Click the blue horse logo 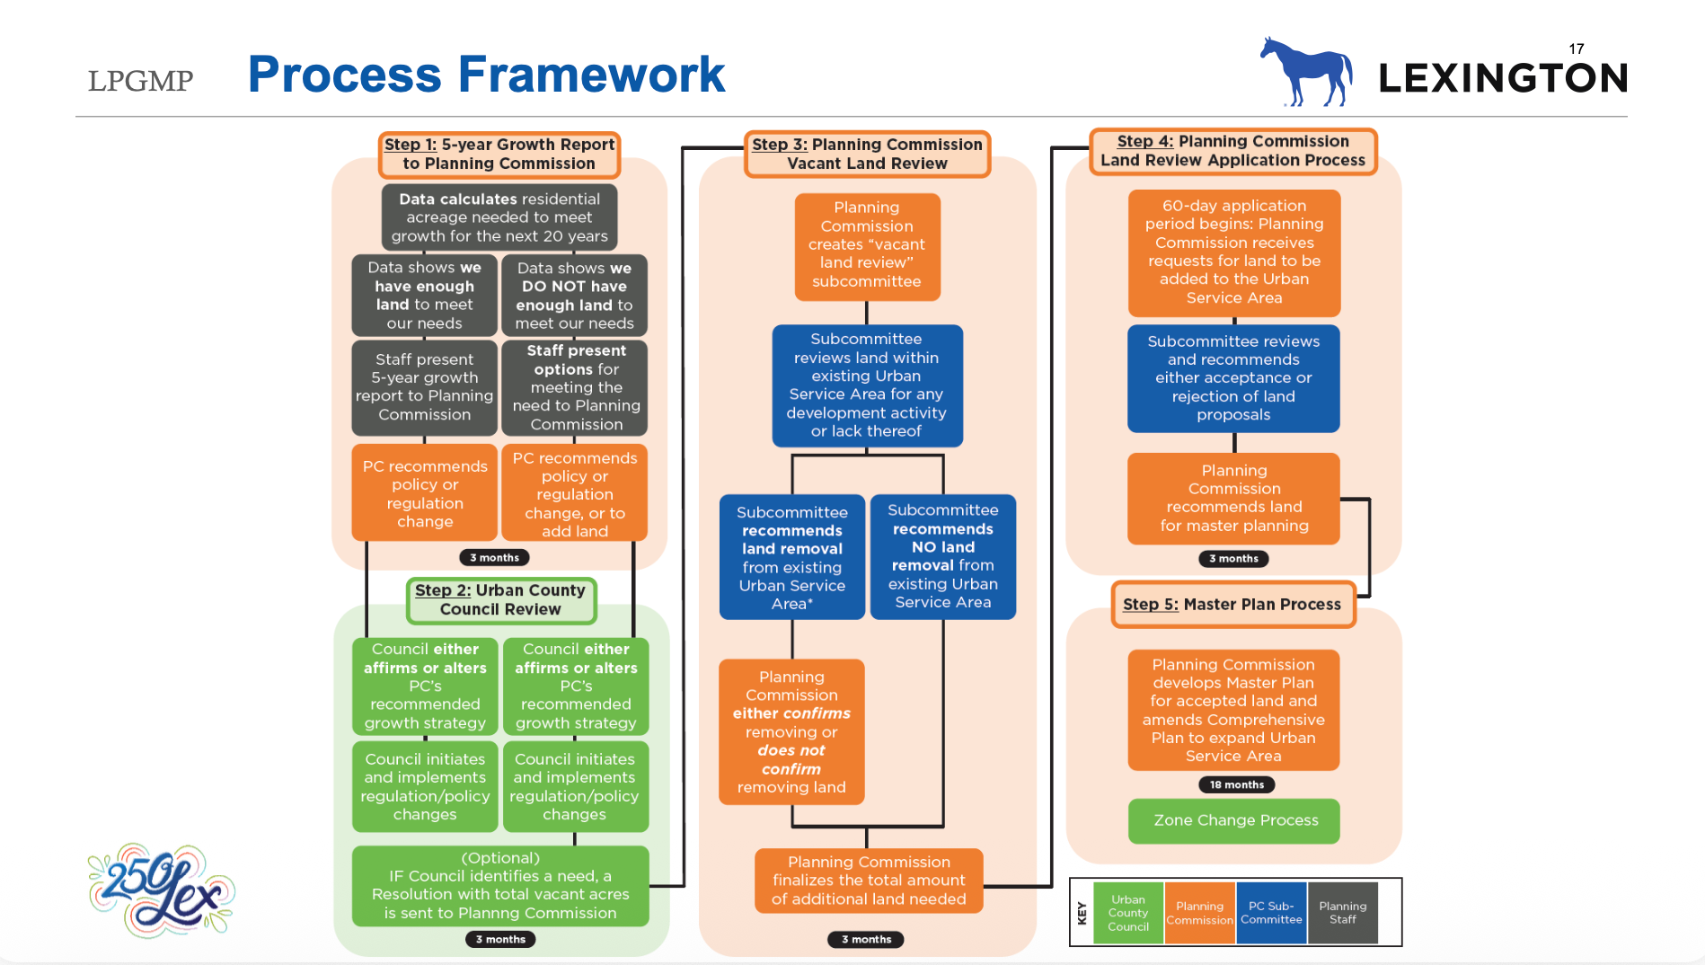pos(1308,73)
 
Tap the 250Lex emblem pos(162,890)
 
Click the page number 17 pos(1577,49)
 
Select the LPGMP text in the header pos(140,81)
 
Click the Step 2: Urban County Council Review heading pos(500,600)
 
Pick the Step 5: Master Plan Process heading pos(1232,605)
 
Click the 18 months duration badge pos(1236,784)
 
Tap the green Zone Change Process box pos(1234,820)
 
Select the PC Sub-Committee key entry pos(1271,913)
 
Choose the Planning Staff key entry pos(1342,913)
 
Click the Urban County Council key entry pos(1127,913)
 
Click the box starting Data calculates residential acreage pos(499,217)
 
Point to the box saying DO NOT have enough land pos(574,296)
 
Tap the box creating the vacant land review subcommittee pos(867,245)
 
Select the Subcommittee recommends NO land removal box pos(942,556)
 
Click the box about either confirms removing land pos(791,732)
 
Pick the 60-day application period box pos(1233,252)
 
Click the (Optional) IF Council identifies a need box pos(500,886)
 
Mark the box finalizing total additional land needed pos(869,881)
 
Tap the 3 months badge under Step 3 pos(866,939)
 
